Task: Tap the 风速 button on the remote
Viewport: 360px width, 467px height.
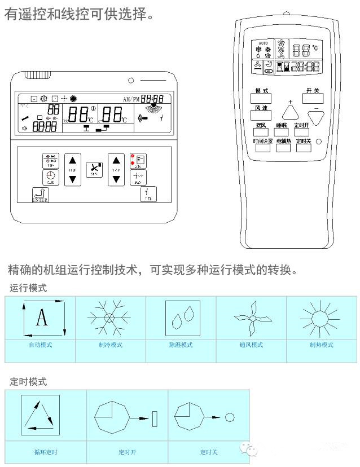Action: (x=261, y=115)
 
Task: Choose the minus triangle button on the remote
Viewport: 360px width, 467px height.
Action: (x=317, y=117)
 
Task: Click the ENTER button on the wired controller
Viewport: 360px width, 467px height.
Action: (x=40, y=195)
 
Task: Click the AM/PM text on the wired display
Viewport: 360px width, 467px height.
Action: (x=131, y=99)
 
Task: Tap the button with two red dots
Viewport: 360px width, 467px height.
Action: (x=138, y=161)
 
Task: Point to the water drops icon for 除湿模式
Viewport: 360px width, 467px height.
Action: (x=182, y=320)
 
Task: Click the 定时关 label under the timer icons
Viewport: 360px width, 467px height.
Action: (x=209, y=452)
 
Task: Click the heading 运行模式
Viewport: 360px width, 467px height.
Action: (x=28, y=288)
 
